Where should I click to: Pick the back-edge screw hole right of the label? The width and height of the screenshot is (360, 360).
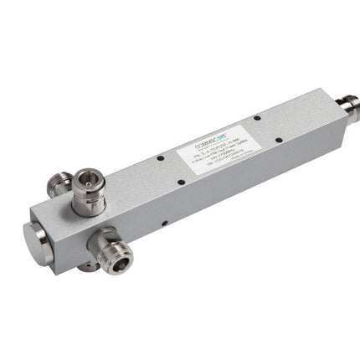[x=255, y=116]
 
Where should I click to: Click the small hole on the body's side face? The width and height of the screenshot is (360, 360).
[x=164, y=224]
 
